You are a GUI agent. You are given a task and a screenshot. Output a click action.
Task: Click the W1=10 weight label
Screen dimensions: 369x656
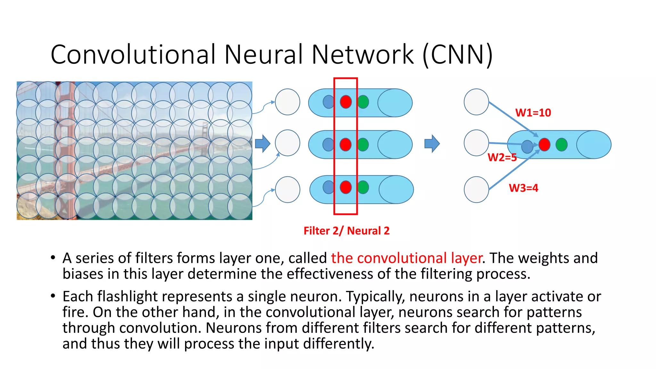[x=533, y=113]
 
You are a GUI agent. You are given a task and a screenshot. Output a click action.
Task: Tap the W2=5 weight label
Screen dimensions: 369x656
[x=502, y=157]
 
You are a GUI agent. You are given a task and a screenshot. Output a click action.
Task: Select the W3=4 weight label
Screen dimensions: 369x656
[x=523, y=188]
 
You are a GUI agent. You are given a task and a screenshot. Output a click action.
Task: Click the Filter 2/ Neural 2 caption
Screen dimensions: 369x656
[x=346, y=231]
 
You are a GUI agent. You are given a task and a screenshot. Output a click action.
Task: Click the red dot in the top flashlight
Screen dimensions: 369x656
[x=346, y=102]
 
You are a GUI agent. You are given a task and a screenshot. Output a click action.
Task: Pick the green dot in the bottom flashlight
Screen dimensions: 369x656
[x=363, y=187]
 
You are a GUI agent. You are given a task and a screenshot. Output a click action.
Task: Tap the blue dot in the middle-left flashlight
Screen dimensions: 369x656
[x=328, y=144]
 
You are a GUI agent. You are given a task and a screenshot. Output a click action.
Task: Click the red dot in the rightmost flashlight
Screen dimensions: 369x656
[x=544, y=144]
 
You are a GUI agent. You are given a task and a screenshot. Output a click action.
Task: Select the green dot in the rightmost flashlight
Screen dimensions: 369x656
[x=562, y=144]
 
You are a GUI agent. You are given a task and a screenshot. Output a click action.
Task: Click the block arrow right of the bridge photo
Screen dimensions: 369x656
[x=263, y=143]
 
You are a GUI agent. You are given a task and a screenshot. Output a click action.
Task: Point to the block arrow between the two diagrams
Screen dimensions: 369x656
[x=432, y=143]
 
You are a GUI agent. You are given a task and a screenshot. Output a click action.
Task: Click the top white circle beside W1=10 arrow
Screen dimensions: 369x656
[x=476, y=102]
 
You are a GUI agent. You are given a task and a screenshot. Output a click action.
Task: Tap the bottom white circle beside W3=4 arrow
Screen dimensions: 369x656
[x=476, y=189]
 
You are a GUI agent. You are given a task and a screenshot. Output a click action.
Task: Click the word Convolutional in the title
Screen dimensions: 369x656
[x=133, y=54]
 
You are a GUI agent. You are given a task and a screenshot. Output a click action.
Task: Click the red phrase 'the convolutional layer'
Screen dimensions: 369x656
[x=406, y=258]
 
